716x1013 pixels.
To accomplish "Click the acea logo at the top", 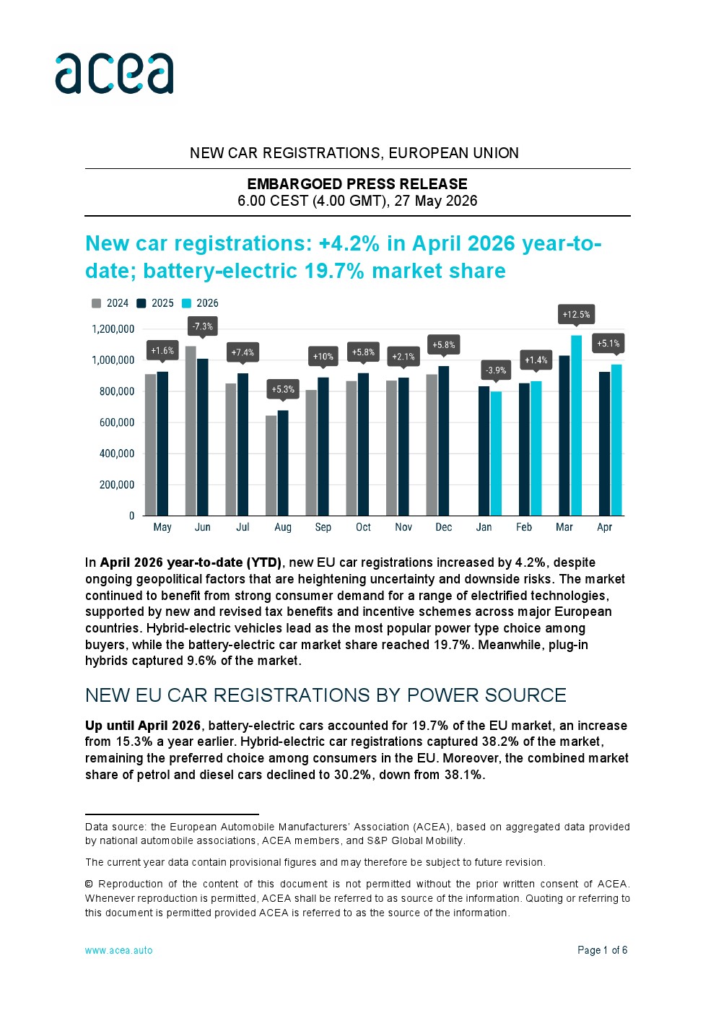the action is [114, 73].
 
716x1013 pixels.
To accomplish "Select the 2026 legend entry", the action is [200, 303].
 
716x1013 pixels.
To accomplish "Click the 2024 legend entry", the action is [110, 303].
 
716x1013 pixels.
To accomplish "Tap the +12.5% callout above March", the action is [576, 314].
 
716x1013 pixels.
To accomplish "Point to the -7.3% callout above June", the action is [203, 326].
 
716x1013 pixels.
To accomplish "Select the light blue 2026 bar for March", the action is [576, 425].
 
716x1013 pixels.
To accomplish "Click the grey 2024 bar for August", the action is [271, 466].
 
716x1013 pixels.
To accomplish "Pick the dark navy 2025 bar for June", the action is [203, 437].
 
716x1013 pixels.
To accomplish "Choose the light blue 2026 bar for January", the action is [496, 453].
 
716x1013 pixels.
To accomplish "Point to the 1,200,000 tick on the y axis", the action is [113, 329].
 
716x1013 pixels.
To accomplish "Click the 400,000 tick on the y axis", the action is [117, 453].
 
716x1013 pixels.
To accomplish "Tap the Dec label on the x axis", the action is [443, 527].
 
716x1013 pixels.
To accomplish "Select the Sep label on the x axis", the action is [323, 527].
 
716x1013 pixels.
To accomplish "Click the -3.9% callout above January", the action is [496, 370].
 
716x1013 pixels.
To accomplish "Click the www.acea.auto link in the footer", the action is [118, 950].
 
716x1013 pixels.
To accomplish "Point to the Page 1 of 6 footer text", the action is [602, 950].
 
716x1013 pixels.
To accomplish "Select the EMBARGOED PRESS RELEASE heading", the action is [357, 183].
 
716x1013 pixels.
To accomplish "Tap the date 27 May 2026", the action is [435, 200].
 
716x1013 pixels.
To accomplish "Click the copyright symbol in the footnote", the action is [89, 884].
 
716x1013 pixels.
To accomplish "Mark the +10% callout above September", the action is [323, 357].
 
